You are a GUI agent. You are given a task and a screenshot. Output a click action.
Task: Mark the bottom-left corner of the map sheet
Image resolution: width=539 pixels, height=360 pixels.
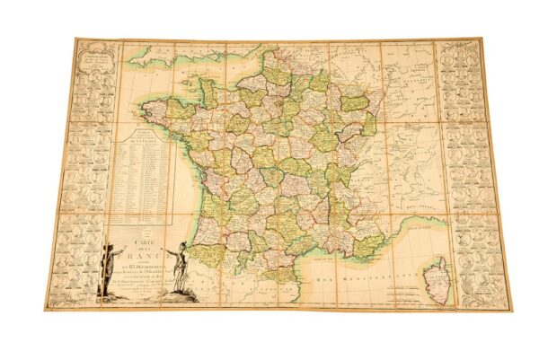(x=46, y=310)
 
